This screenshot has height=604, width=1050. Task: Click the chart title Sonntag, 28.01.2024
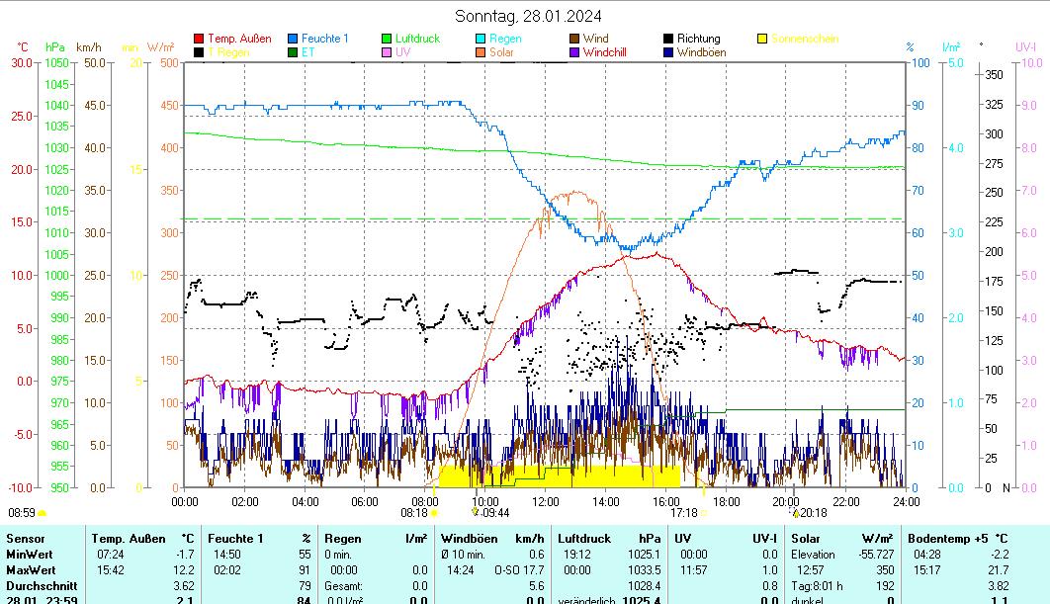(x=528, y=16)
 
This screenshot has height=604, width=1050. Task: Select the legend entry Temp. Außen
(x=239, y=39)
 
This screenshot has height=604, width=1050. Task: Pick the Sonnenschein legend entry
(x=804, y=39)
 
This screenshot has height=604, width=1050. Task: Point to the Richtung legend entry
(x=698, y=39)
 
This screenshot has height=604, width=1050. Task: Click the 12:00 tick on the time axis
(x=545, y=501)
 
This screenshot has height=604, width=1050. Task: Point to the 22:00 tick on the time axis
(x=846, y=501)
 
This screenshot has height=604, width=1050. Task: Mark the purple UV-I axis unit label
(x=1025, y=46)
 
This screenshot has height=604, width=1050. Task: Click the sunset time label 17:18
(x=684, y=513)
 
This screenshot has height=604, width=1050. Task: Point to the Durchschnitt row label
(x=39, y=586)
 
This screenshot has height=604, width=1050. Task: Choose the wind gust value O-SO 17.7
(x=520, y=570)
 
